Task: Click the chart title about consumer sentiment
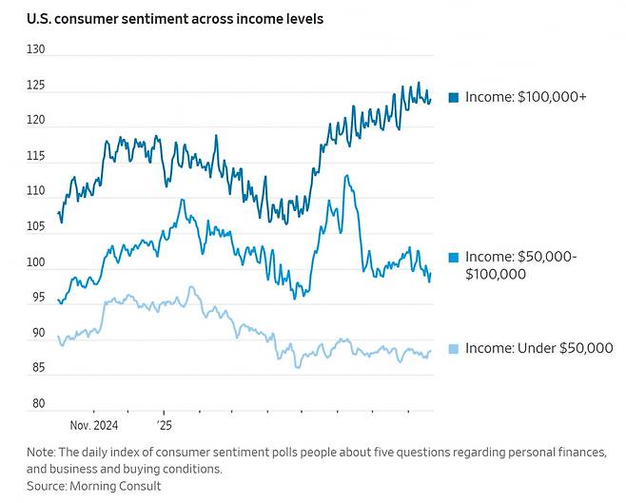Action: tap(175, 19)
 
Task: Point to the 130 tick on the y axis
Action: tap(36, 49)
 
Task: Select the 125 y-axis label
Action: tap(36, 86)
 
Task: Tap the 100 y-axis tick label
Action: tap(36, 262)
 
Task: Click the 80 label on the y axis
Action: tap(39, 403)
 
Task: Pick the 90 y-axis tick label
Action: tap(39, 333)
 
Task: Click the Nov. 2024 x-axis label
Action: tap(94, 425)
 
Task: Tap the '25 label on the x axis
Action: tap(164, 425)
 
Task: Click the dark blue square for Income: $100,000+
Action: tap(454, 97)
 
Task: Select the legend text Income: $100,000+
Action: tap(526, 97)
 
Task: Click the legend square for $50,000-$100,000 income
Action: tap(454, 258)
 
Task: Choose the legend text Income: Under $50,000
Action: tap(539, 348)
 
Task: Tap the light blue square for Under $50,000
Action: tap(454, 349)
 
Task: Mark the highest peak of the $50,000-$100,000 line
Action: tap(346, 175)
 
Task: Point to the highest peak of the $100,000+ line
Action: tap(419, 82)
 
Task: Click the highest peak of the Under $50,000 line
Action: tap(191, 286)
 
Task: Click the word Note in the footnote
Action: tap(41, 453)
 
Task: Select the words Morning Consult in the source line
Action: tap(115, 486)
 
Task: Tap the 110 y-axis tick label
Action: tap(36, 191)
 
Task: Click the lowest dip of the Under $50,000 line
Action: tap(298, 367)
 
